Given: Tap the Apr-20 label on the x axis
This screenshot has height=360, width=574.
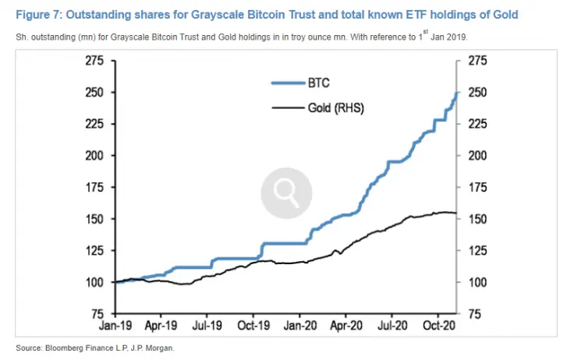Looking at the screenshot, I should pyautogui.click(x=345, y=327).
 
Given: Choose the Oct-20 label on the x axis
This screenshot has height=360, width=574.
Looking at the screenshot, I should pyautogui.click(x=438, y=327).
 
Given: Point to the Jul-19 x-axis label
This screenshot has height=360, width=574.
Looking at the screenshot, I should pyautogui.click(x=207, y=327).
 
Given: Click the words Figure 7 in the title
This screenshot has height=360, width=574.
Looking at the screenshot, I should pyautogui.click(x=37, y=15).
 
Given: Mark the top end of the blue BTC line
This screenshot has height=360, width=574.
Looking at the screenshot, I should pyautogui.click(x=457, y=92).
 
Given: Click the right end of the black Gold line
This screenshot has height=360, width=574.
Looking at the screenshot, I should pyautogui.click(x=457, y=214).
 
